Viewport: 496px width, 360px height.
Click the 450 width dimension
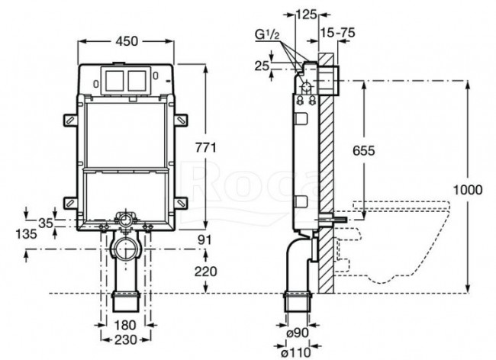coord(127,41)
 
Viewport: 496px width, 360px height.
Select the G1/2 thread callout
coord(268,36)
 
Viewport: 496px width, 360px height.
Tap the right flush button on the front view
coord(137,79)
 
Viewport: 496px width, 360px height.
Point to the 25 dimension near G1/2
coord(262,66)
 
